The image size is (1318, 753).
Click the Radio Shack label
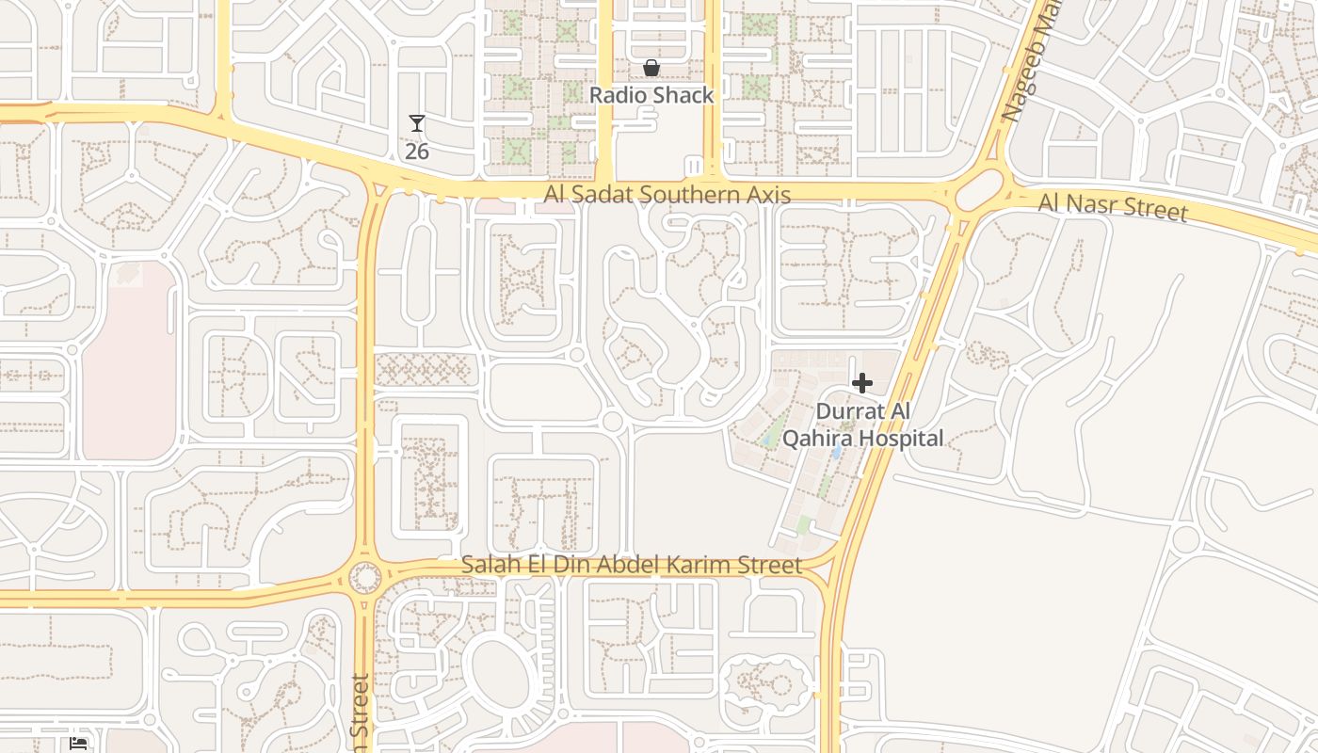pyautogui.click(x=651, y=95)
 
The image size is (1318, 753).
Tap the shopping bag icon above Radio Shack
pyautogui.click(x=651, y=68)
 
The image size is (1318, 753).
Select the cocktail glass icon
pyautogui.click(x=417, y=123)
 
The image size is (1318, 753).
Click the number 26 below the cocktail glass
pyautogui.click(x=417, y=151)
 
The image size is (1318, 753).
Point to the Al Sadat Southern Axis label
pyautogui.click(x=667, y=194)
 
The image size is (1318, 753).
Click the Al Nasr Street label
pyautogui.click(x=1112, y=205)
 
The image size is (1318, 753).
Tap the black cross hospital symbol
pyautogui.click(x=861, y=383)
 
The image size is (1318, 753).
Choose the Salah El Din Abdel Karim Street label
pyautogui.click(x=631, y=565)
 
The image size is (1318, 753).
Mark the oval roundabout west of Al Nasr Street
pyautogui.click(x=978, y=192)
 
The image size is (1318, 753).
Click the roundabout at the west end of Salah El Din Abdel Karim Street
pyautogui.click(x=365, y=577)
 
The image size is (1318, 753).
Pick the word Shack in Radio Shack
pyautogui.click(x=684, y=95)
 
